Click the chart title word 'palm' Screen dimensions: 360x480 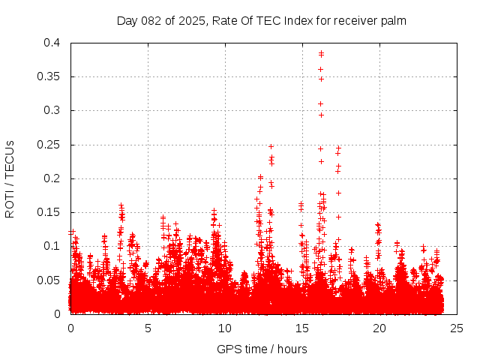pos(393,21)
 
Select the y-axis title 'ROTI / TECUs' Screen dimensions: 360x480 pos(10,178)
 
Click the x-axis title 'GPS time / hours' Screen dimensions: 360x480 pos(262,349)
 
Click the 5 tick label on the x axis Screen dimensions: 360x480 pos(148,328)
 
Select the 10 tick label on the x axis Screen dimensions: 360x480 pos(225,328)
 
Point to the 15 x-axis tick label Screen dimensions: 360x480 pos(302,328)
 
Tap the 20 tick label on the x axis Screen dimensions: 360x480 pos(379,328)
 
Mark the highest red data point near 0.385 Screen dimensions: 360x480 pos(321,53)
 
